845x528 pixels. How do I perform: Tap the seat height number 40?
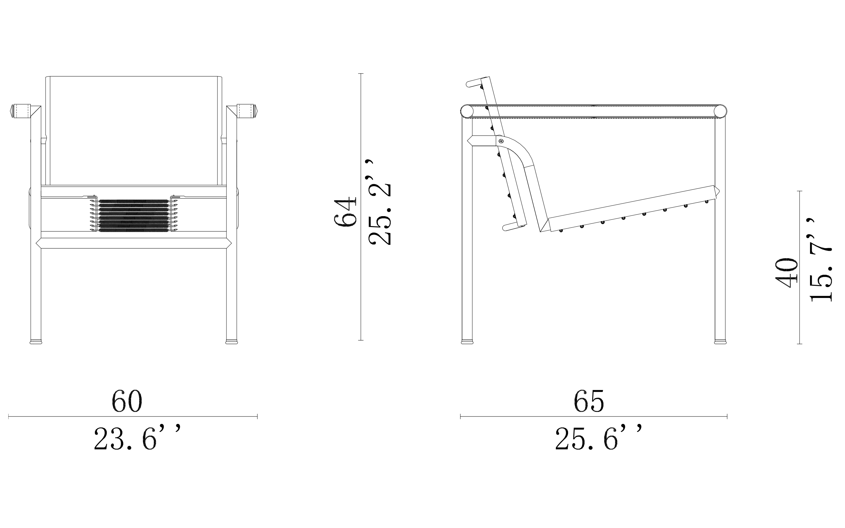[x=786, y=273]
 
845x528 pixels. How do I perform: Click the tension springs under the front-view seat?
[x=134, y=215]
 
